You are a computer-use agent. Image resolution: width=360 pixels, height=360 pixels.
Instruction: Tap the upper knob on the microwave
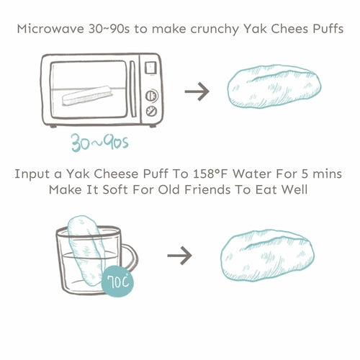152,94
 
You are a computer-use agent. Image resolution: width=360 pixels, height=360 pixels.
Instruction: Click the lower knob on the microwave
152,110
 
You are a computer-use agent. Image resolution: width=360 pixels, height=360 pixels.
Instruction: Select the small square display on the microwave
151,69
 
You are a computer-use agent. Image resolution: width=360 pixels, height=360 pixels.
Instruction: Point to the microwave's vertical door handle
132,90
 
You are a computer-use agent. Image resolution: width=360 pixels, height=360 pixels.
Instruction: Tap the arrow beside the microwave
197,91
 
